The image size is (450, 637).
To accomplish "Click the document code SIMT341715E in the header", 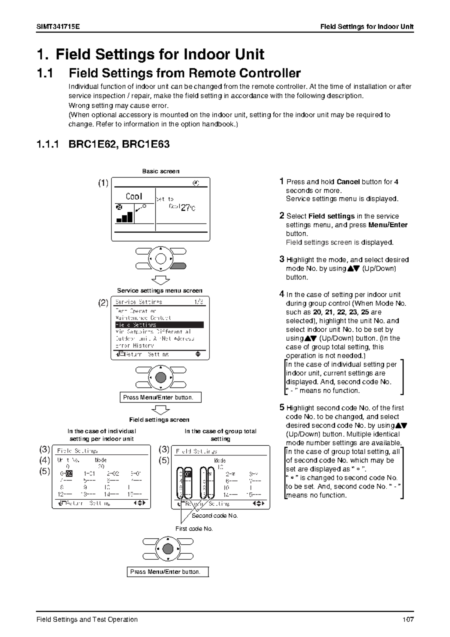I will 58,27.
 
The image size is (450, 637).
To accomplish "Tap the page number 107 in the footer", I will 408,619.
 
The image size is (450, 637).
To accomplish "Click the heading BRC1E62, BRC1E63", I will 119,144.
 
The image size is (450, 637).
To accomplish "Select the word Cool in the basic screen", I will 134,196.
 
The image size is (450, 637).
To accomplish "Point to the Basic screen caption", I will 160,171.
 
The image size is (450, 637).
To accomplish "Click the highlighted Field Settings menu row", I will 159,325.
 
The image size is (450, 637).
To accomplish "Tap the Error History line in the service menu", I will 135,346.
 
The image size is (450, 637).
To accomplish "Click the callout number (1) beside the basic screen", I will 103,183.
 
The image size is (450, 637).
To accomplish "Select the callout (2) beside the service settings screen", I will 103,303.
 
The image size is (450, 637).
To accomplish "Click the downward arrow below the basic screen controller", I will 160,280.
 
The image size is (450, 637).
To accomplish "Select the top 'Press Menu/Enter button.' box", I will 160,397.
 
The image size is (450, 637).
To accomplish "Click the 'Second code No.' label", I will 214,516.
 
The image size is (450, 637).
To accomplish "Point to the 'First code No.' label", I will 194,529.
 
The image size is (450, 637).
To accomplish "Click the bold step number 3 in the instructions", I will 282,259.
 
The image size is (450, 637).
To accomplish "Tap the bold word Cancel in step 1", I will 348,182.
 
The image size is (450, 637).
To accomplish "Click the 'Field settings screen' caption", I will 159,420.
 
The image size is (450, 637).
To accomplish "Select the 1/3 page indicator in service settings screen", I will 199,302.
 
